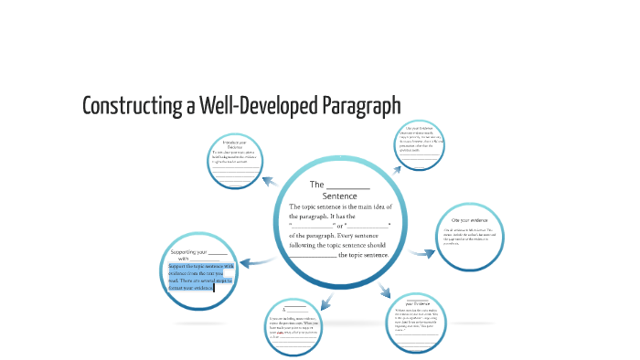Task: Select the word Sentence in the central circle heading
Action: (x=339, y=196)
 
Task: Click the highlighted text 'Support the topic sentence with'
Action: (x=202, y=266)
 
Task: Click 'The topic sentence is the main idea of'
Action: (x=339, y=207)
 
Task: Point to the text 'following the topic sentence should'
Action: (x=339, y=245)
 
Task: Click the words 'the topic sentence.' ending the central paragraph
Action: (x=365, y=256)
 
